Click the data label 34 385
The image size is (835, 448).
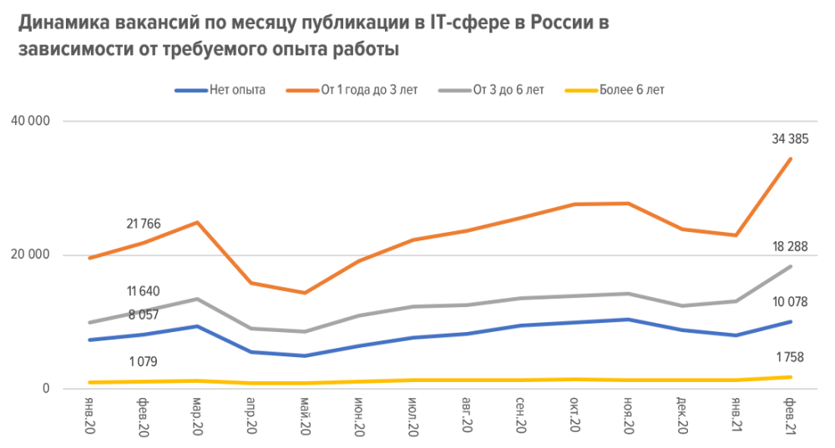pyautogui.click(x=790, y=138)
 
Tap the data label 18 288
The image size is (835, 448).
pyautogui.click(x=790, y=246)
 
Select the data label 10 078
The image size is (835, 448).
pyautogui.click(x=790, y=302)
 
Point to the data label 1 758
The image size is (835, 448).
pyautogui.click(x=790, y=358)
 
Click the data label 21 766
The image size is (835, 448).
pyautogui.click(x=144, y=224)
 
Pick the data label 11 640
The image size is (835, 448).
pyautogui.click(x=144, y=291)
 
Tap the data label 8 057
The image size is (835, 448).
pyautogui.click(x=144, y=315)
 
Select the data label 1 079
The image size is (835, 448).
pyautogui.click(x=144, y=361)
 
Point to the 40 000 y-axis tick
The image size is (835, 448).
pyautogui.click(x=33, y=121)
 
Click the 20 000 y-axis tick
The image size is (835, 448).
pyautogui.click(x=33, y=254)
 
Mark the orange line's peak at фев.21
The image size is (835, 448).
pyautogui.click(x=790, y=159)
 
